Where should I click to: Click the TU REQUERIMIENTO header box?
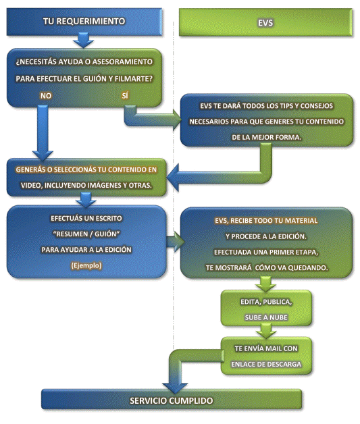(84, 22)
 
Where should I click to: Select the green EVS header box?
(265, 22)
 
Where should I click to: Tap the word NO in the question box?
(46, 96)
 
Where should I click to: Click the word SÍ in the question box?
(125, 95)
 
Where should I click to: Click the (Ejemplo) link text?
(86, 265)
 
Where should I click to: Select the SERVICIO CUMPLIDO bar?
(172, 399)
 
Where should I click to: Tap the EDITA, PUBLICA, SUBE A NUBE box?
(266, 308)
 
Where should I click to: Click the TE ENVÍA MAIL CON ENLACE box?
(266, 356)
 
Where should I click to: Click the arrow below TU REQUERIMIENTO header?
(84, 40)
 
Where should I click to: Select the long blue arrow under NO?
(43, 132)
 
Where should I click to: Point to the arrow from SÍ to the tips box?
(151, 119)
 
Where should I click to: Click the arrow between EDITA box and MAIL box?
(266, 331)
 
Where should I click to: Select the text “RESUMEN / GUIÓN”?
(86, 234)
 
